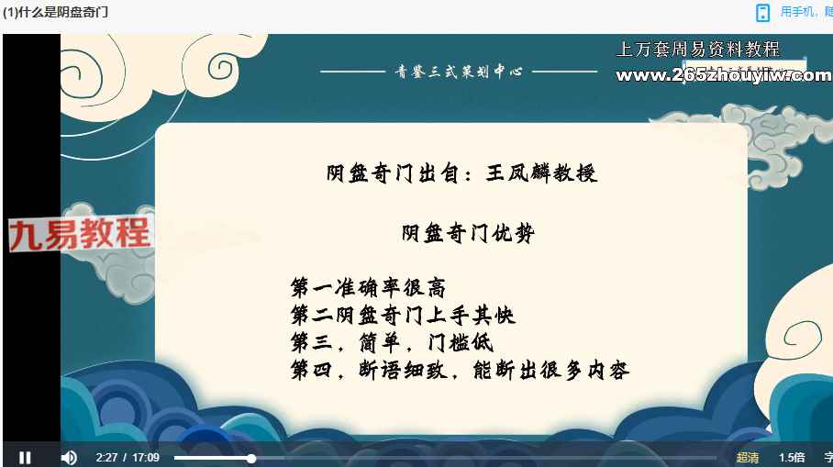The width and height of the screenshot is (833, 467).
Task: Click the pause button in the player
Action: (x=25, y=458)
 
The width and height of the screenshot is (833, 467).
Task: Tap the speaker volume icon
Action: (x=69, y=458)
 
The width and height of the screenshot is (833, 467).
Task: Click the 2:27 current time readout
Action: (x=106, y=458)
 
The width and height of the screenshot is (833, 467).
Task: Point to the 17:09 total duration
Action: (x=146, y=458)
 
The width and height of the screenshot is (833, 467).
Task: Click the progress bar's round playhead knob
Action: (x=251, y=458)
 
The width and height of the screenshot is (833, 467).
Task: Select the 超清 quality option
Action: (x=748, y=458)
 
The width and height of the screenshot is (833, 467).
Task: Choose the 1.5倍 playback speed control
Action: (x=792, y=458)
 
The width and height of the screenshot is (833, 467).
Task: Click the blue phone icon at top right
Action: (x=763, y=12)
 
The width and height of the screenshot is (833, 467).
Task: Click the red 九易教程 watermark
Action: (x=80, y=234)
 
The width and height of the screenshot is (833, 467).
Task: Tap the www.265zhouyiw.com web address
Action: (x=724, y=75)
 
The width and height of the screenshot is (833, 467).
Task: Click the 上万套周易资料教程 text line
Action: (x=698, y=50)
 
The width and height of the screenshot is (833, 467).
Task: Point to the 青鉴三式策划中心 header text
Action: (x=459, y=72)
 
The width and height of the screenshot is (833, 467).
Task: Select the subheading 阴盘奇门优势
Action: (x=468, y=233)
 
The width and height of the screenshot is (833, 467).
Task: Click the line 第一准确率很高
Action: (x=368, y=287)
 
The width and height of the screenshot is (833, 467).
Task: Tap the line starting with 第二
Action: (x=403, y=315)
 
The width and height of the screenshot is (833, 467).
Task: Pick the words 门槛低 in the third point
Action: (x=461, y=342)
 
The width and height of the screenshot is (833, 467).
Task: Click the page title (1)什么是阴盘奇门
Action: (x=55, y=12)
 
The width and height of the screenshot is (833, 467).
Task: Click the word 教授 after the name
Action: (x=575, y=173)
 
